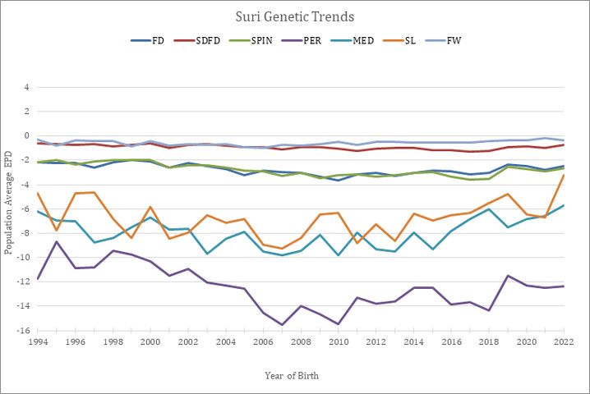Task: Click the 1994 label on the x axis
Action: (x=37, y=341)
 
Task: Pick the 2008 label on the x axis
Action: (x=300, y=341)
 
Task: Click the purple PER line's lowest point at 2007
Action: (x=281, y=325)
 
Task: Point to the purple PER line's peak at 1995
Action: (x=56, y=241)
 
